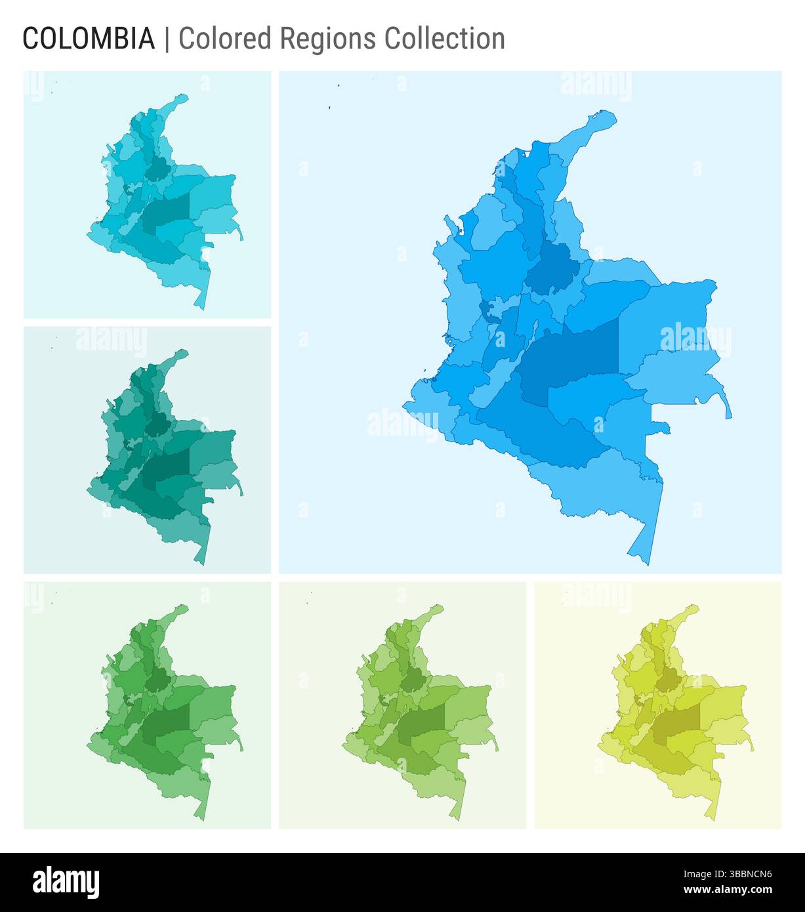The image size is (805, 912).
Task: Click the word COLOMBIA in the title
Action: coord(89,39)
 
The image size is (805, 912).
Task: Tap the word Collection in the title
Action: coord(445,39)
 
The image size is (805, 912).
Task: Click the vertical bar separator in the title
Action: coord(167,39)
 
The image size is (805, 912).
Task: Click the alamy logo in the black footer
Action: coord(66,881)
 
